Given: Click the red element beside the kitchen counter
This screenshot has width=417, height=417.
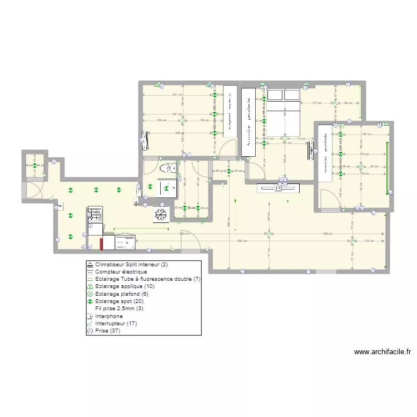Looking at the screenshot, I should pyautogui.click(x=102, y=244).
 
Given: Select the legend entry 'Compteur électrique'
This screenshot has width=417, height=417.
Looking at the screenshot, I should pyautogui.click(x=121, y=272).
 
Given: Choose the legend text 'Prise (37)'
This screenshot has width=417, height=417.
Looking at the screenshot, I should pyautogui.click(x=108, y=330).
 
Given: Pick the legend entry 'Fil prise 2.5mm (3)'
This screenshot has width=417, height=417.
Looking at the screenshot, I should pyautogui.click(x=119, y=308).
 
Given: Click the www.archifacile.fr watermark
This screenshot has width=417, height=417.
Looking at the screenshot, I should pyautogui.click(x=382, y=351).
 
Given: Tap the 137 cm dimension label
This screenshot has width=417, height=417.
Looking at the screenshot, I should pyautogui.click(x=316, y=103).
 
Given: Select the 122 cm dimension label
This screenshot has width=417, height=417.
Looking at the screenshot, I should pyautogui.click(x=369, y=241).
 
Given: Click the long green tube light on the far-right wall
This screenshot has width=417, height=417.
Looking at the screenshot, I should pyautogui.click(x=387, y=166).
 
